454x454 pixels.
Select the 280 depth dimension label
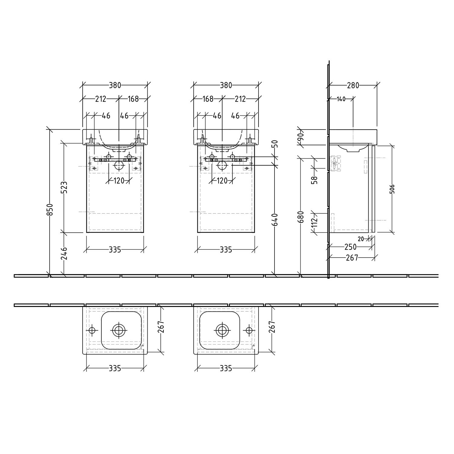point(353,86)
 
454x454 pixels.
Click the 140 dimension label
point(341,99)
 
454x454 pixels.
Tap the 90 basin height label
point(301,137)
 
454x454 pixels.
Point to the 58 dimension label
point(315,180)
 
